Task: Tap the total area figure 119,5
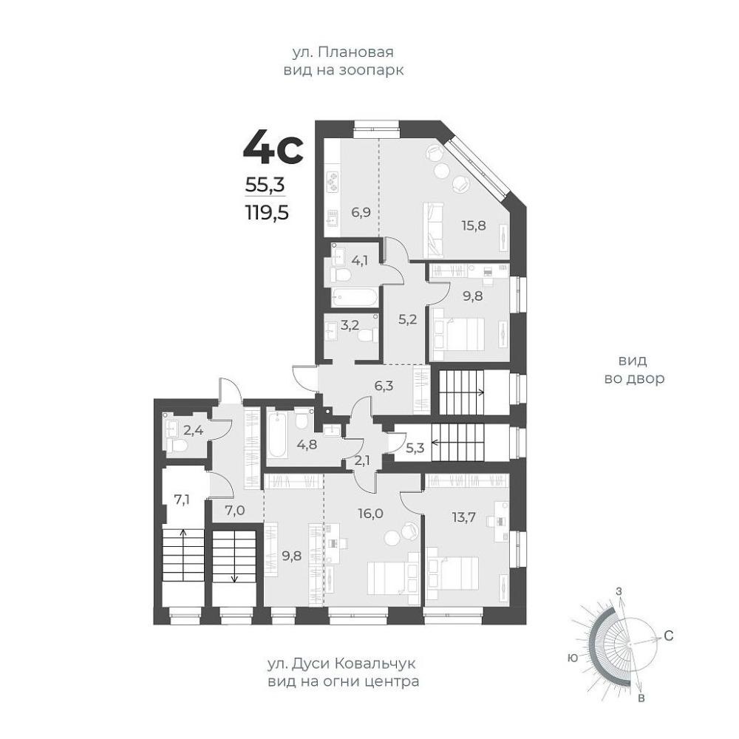(267, 214)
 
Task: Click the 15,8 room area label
(473, 225)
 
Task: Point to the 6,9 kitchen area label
(361, 212)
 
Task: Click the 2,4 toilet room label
(193, 430)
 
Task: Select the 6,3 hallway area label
(384, 386)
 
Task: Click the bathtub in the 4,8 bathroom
(277, 435)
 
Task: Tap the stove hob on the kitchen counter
(333, 181)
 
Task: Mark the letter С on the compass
(668, 636)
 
